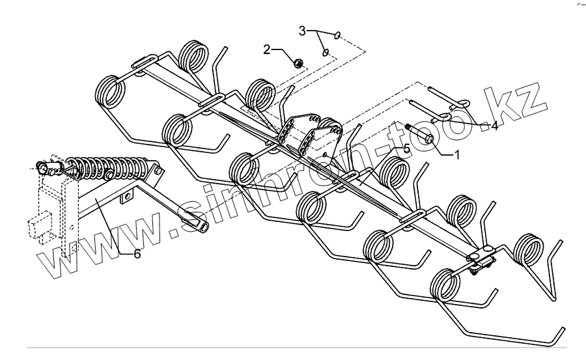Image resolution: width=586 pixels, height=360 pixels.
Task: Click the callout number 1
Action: tap(456, 156)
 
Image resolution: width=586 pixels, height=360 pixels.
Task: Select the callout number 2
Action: tap(267, 49)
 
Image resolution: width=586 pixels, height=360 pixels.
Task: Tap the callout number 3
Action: tap(302, 31)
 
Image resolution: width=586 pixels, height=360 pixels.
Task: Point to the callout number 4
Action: tap(494, 126)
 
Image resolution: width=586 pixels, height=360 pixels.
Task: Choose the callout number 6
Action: tap(137, 254)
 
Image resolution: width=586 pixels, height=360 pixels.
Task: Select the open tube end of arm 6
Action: tap(201, 224)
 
